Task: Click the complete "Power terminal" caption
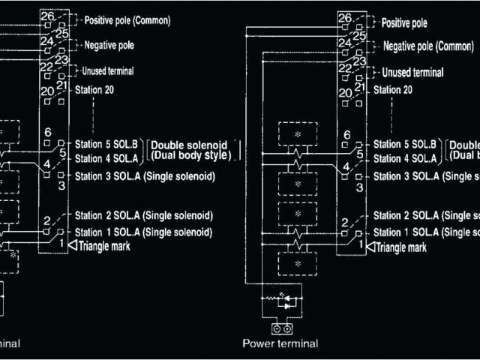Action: point(280,343)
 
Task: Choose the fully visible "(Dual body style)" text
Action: point(192,155)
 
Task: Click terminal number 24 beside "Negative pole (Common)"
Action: point(345,43)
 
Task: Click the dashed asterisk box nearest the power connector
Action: point(298,265)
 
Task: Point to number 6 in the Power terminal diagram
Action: point(346,136)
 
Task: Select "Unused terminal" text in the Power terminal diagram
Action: point(412,73)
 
